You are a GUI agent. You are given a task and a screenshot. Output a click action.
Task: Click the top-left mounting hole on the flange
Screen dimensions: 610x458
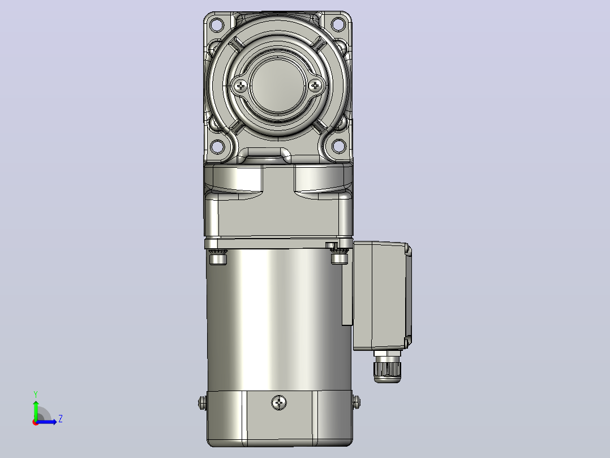tap(216, 25)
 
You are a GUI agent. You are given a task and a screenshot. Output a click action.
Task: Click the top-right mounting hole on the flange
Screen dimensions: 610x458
tap(338, 24)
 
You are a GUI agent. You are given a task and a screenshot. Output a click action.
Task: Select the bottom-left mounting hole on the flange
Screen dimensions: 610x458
tap(216, 147)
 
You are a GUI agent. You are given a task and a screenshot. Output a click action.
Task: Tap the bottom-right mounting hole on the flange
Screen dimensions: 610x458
tap(338, 147)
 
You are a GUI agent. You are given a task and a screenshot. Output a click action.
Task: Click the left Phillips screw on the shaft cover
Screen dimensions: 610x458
tap(241, 86)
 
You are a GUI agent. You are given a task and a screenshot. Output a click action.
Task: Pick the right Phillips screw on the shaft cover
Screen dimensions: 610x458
tap(315, 86)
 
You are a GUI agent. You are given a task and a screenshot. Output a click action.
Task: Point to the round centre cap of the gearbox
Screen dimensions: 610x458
tap(277, 86)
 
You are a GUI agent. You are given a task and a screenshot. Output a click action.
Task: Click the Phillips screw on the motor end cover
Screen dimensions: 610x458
tap(279, 402)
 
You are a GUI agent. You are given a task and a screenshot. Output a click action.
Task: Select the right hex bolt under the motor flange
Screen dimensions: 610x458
tap(340, 256)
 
